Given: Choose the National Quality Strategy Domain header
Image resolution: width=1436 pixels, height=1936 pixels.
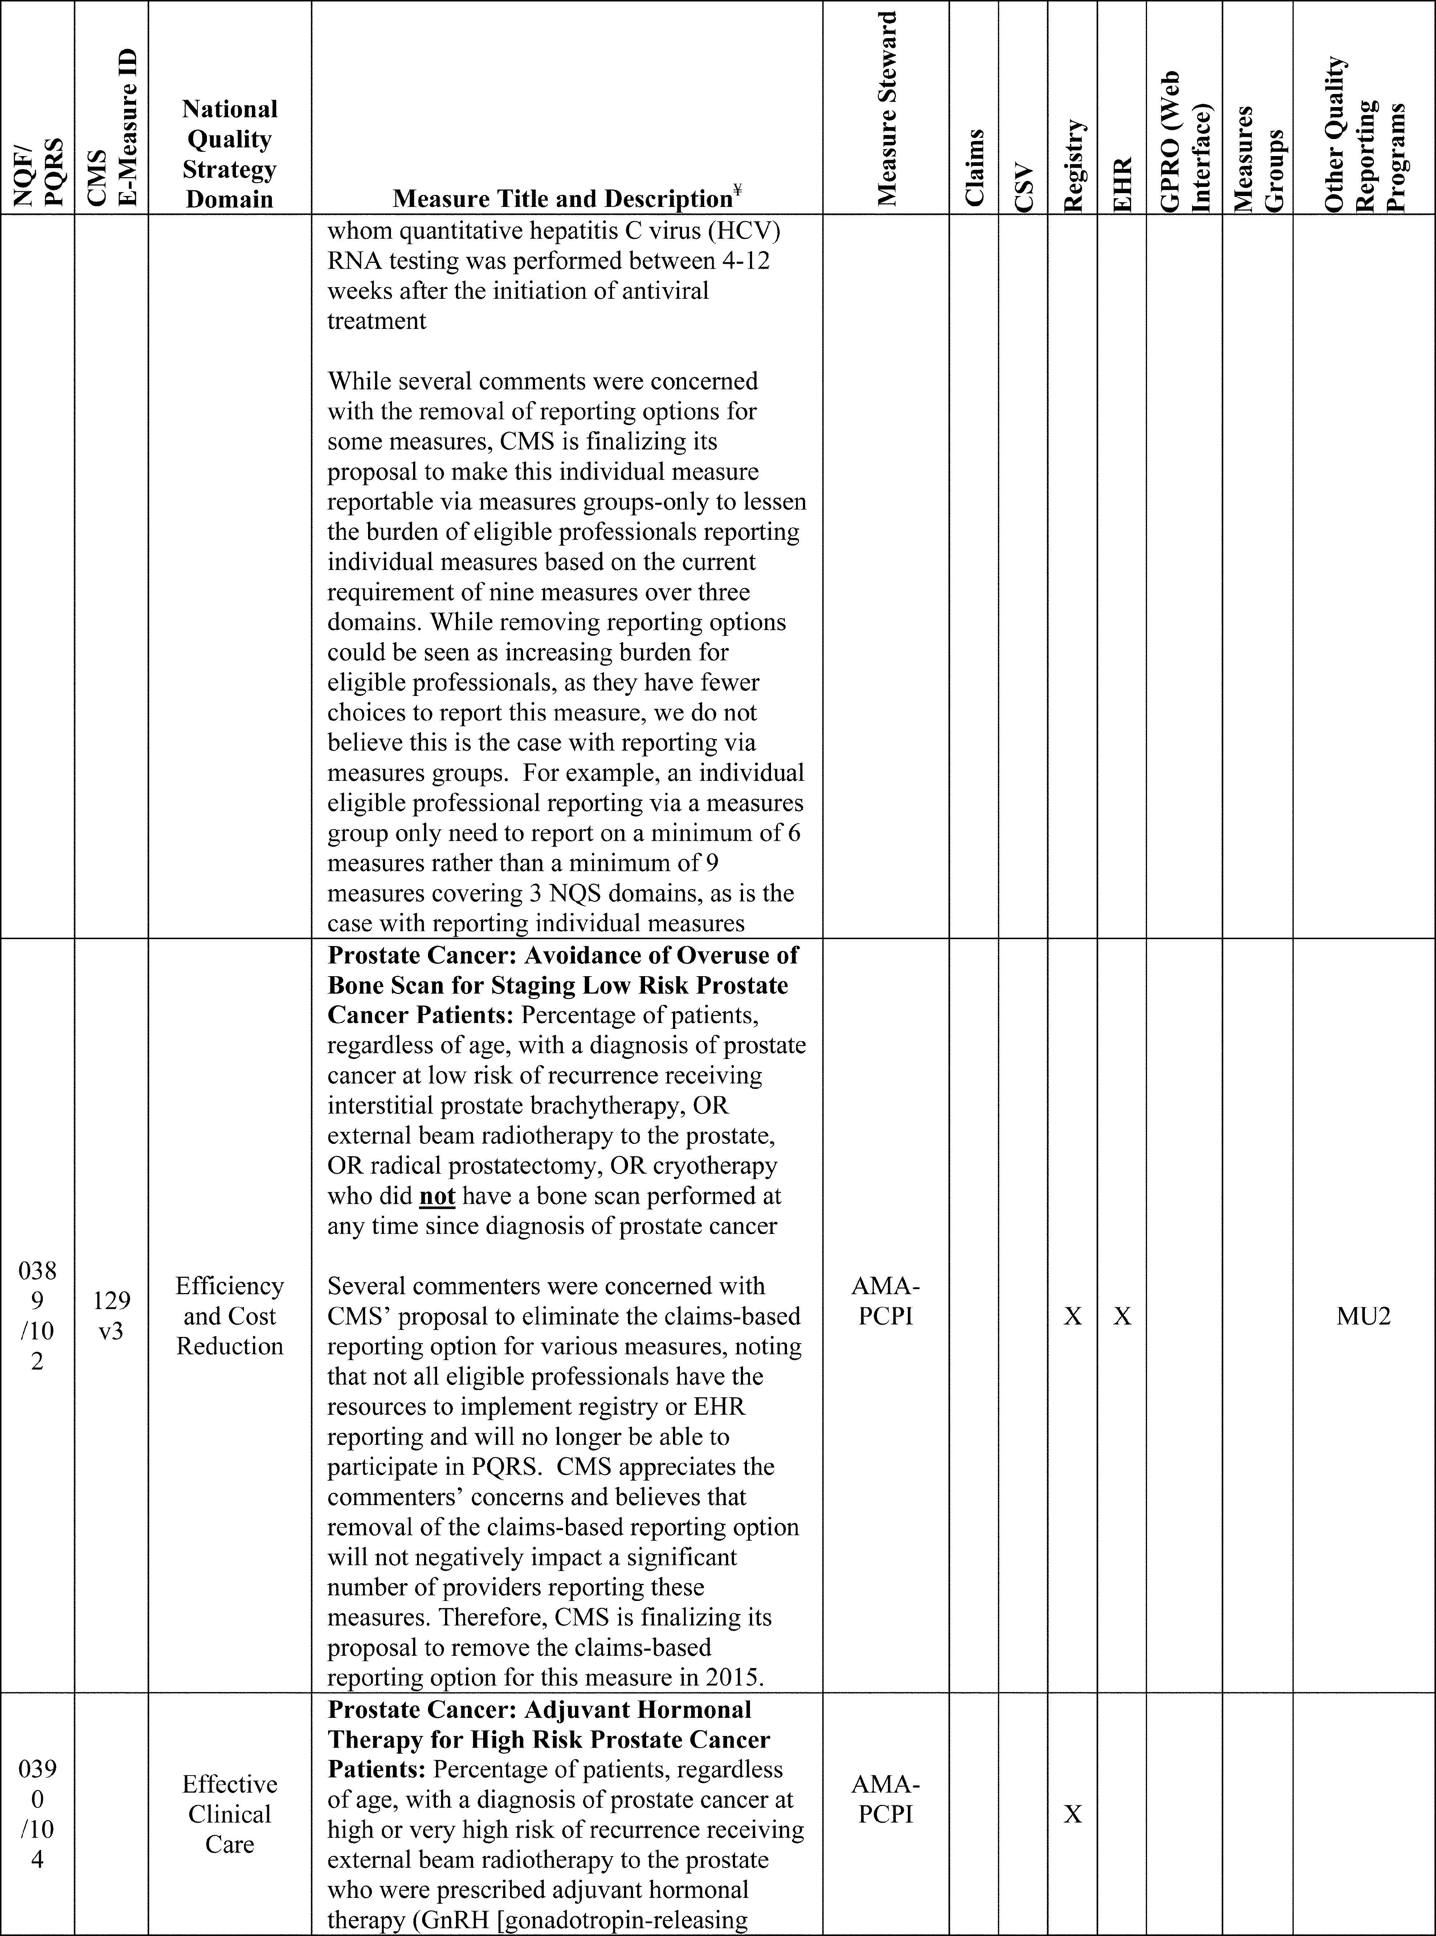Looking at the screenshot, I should pyautogui.click(x=229, y=154).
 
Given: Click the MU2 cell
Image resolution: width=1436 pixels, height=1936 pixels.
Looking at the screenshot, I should pyautogui.click(x=1364, y=1316).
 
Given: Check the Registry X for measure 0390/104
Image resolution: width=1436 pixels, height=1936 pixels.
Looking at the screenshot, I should pyautogui.click(x=1073, y=1814).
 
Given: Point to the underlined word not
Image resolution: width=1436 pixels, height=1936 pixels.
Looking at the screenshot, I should pyautogui.click(x=437, y=1196).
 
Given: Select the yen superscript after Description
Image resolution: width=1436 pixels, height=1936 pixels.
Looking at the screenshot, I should pyautogui.click(x=737, y=189).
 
